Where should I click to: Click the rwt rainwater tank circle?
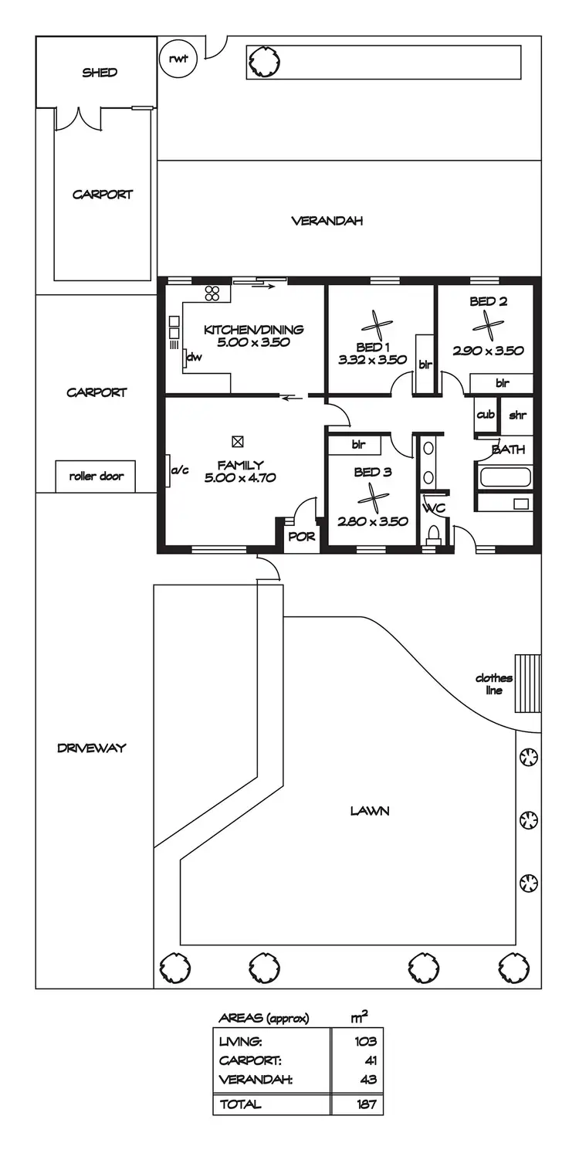(178, 58)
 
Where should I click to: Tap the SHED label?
(100, 73)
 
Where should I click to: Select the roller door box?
(96, 477)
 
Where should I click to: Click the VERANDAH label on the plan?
(327, 221)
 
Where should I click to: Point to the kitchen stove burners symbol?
(212, 293)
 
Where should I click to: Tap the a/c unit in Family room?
(171, 470)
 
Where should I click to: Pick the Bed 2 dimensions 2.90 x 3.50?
(488, 351)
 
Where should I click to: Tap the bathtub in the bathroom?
(506, 477)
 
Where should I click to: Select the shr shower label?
(516, 415)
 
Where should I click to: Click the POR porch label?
(302, 537)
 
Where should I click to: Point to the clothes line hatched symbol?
(528, 683)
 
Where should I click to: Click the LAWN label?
(369, 811)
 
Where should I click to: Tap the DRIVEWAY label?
(91, 748)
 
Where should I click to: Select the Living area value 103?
(364, 1042)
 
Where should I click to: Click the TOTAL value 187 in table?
(364, 1104)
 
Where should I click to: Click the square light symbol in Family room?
(238, 442)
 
